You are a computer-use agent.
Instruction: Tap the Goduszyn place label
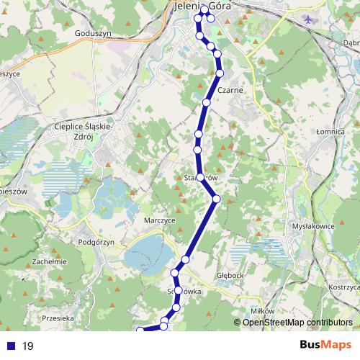click(x=92, y=33)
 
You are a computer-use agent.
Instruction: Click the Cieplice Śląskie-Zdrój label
click(x=84, y=132)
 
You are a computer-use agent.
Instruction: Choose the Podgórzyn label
click(x=96, y=243)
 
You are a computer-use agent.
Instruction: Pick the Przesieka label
click(x=58, y=318)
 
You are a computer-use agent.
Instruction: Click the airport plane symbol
click(x=310, y=19)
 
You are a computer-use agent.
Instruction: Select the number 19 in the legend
click(x=28, y=346)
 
